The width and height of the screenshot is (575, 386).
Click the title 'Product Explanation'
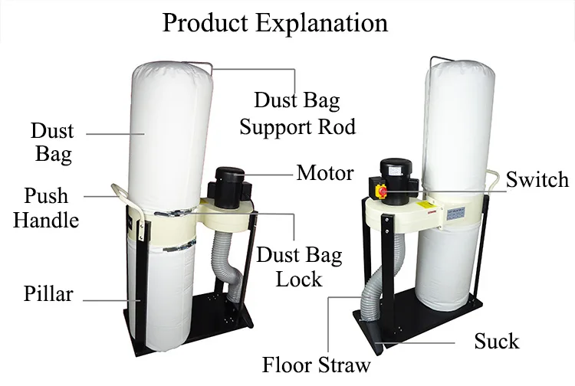click(274, 23)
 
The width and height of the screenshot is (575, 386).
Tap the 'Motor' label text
click(325, 172)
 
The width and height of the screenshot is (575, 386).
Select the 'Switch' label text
click(537, 179)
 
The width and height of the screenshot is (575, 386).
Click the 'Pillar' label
click(48, 293)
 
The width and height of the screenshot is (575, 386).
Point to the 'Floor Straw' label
click(316, 365)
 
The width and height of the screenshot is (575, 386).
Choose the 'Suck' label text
click(497, 341)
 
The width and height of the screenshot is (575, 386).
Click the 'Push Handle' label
click(46, 208)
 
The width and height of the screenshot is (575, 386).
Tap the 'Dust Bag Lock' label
click(299, 267)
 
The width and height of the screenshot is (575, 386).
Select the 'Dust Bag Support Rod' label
click(297, 113)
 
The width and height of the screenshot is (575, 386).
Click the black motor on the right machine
click(396, 182)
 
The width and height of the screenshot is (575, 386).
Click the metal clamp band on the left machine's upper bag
click(172, 211)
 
